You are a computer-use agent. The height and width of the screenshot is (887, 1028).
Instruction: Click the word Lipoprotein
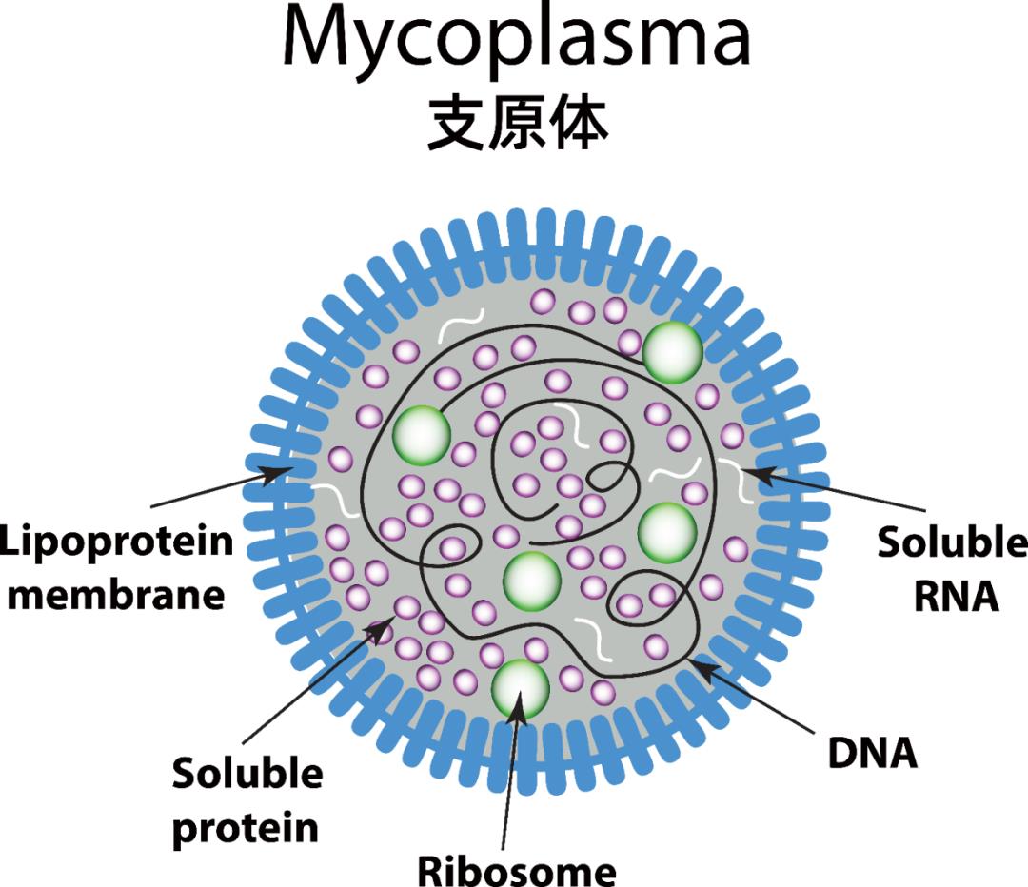(116, 542)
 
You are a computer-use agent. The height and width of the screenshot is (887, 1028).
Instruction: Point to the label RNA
(957, 597)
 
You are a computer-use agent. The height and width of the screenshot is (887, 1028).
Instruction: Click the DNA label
(872, 753)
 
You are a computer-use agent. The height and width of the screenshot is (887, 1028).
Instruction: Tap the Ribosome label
(517, 869)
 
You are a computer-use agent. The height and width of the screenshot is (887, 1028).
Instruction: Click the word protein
(246, 827)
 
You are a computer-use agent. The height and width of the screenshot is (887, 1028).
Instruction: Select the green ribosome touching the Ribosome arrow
(520, 688)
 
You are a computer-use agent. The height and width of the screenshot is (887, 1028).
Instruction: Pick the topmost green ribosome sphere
(673, 352)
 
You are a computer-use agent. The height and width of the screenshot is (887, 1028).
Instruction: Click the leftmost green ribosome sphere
(420, 435)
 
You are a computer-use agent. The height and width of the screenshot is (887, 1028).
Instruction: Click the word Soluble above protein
(247, 774)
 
